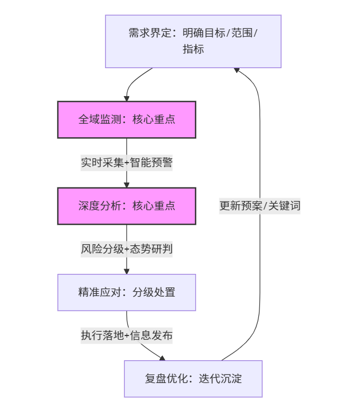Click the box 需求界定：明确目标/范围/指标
[x=193, y=41]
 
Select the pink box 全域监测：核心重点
[x=126, y=119]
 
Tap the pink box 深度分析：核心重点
[x=126, y=206]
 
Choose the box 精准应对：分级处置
[x=126, y=292]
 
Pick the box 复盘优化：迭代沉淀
[x=193, y=379]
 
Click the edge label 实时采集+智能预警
[x=126, y=163]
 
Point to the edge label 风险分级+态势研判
[x=126, y=249]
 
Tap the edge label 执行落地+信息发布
[x=126, y=336]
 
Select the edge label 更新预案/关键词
[x=259, y=206]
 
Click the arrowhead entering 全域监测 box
[x=126, y=98]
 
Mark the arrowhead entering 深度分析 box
[x=126, y=184]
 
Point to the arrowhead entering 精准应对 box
[x=126, y=271]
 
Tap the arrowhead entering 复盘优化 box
[x=162, y=357]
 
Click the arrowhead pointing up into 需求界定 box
[x=237, y=71]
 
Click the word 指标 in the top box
[x=193, y=49]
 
